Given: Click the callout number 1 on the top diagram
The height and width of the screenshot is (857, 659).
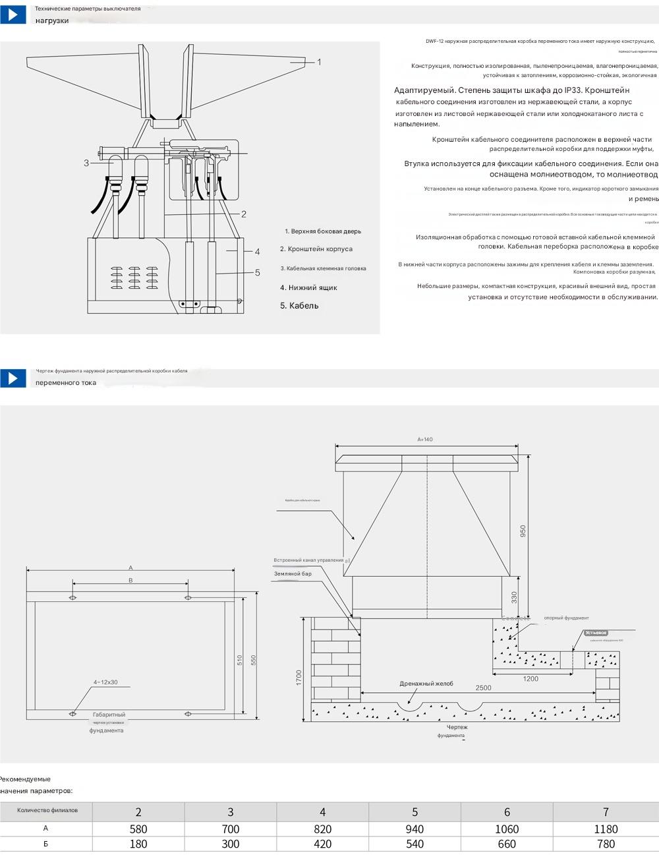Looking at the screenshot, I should [x=319, y=62].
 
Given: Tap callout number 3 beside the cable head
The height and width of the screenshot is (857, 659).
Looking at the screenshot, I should [x=86, y=163].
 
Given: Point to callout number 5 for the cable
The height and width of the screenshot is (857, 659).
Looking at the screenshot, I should [x=258, y=272].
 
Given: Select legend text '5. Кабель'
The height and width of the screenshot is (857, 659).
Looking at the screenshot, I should [x=299, y=306].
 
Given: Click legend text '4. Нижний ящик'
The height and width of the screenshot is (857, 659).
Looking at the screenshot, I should [x=308, y=287].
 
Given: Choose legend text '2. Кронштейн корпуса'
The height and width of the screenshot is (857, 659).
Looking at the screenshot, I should [x=316, y=249].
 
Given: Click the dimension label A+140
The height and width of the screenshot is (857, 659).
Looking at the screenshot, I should [x=425, y=439].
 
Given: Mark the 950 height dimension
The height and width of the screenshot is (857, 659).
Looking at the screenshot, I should [x=523, y=531].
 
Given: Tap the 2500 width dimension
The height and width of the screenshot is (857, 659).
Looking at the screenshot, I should [x=483, y=688].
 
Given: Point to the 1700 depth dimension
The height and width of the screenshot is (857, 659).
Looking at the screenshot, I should [x=299, y=677].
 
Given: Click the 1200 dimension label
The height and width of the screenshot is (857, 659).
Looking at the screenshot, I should [x=530, y=678].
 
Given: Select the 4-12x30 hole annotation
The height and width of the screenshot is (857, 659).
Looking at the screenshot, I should [x=105, y=682].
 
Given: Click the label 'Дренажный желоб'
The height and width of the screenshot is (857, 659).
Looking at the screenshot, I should [x=426, y=684].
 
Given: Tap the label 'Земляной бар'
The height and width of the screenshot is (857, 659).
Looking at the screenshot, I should [x=293, y=574].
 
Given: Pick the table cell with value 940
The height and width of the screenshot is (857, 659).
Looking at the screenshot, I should [x=415, y=829].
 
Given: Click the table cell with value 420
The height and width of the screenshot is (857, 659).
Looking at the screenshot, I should [x=322, y=844].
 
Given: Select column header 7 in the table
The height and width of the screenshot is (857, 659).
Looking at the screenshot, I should [x=606, y=812].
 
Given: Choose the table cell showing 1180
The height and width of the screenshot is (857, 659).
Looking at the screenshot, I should [x=606, y=829].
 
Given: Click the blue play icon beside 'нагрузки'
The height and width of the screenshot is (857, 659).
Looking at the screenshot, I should [x=13, y=15].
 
